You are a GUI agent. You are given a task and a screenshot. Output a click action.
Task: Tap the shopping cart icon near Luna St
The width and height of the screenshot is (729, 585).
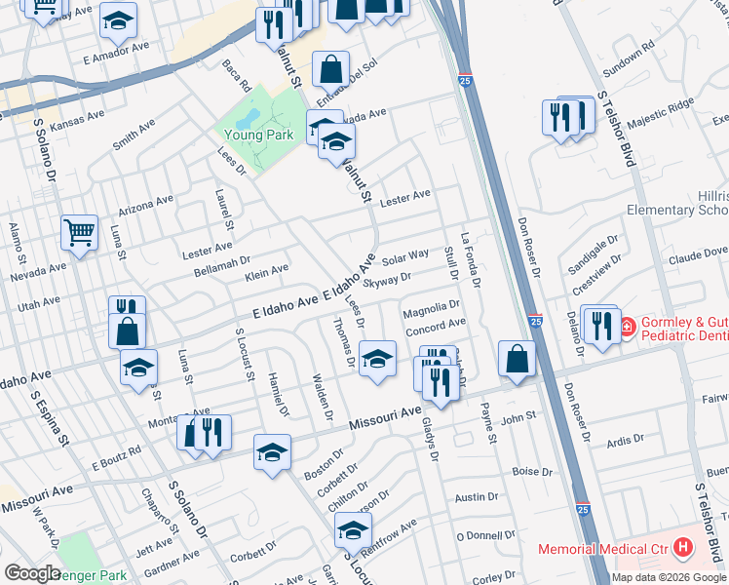tap(79, 233)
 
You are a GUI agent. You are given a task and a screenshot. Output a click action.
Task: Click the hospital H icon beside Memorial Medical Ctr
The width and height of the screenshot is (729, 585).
tap(682, 548)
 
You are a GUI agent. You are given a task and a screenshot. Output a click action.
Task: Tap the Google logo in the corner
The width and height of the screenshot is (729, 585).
tap(32, 573)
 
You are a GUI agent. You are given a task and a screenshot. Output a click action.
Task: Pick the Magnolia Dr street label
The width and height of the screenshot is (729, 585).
tap(430, 308)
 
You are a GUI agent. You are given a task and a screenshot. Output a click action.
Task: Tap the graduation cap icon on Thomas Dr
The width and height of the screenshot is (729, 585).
tap(376, 358)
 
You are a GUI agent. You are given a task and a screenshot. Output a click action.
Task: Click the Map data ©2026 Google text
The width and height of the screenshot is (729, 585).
tap(668, 577)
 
